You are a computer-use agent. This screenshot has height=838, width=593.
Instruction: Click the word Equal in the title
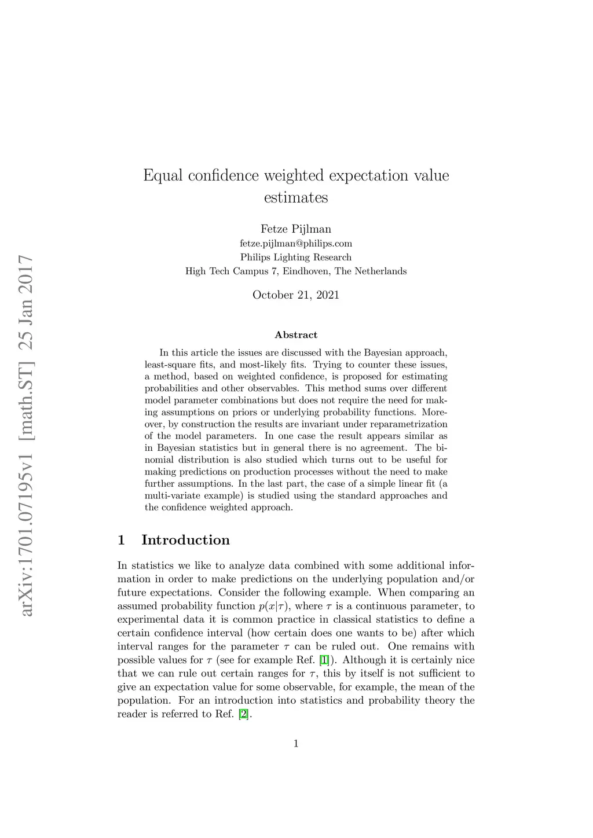(x=163, y=175)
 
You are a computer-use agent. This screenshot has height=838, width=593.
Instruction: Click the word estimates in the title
(x=296, y=198)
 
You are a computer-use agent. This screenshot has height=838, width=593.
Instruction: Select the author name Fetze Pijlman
(x=296, y=229)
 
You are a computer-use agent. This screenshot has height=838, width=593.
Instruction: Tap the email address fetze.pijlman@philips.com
(x=296, y=244)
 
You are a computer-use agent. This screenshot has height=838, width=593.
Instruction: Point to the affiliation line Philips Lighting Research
(x=296, y=258)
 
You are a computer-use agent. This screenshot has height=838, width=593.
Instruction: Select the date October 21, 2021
(x=296, y=295)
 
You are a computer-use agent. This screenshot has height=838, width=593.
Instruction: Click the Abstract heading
(x=296, y=335)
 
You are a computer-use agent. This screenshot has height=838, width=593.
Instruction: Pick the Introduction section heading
(x=185, y=541)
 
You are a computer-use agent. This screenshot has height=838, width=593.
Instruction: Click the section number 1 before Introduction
(x=121, y=541)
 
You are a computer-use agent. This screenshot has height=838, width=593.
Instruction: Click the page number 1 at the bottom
(x=296, y=744)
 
